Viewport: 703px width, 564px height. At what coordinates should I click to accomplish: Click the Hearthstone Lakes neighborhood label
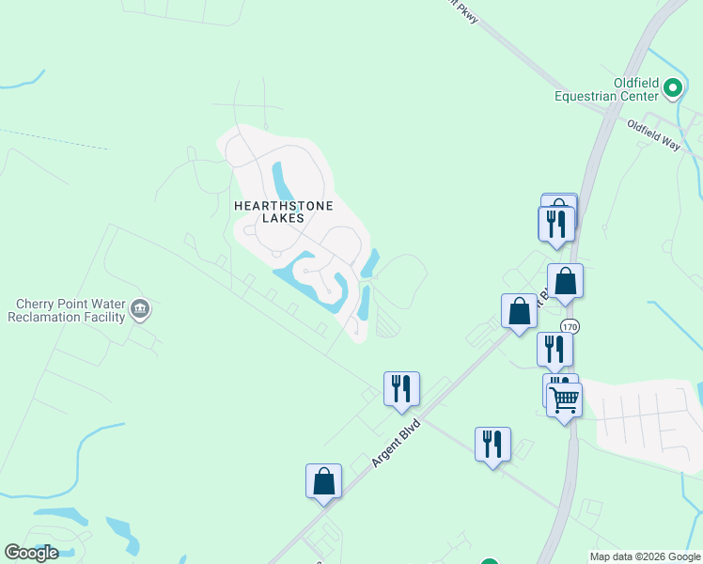pos(271,211)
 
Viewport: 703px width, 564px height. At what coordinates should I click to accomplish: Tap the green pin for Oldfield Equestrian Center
pos(672,88)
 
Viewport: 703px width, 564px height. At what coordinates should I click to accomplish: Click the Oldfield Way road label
pos(653,134)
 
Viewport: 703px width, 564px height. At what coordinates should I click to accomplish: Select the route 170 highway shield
pos(569,326)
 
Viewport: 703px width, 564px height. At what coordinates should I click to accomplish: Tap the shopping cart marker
pos(564,399)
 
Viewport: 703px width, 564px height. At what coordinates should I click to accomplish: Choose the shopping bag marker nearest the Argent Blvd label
pos(323,480)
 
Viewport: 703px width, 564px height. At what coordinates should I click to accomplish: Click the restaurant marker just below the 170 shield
pos(555,349)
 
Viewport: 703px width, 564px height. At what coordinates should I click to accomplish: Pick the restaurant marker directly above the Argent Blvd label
pos(401,387)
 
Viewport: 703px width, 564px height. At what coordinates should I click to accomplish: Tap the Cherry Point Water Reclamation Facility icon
pos(140,309)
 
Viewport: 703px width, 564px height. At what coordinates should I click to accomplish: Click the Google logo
pos(31,553)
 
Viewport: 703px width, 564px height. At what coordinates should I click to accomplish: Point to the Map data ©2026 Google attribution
pos(644,556)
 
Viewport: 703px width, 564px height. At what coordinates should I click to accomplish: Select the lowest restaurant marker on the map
pos(492,444)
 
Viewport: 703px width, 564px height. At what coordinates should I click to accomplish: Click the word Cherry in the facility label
pos(37,304)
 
